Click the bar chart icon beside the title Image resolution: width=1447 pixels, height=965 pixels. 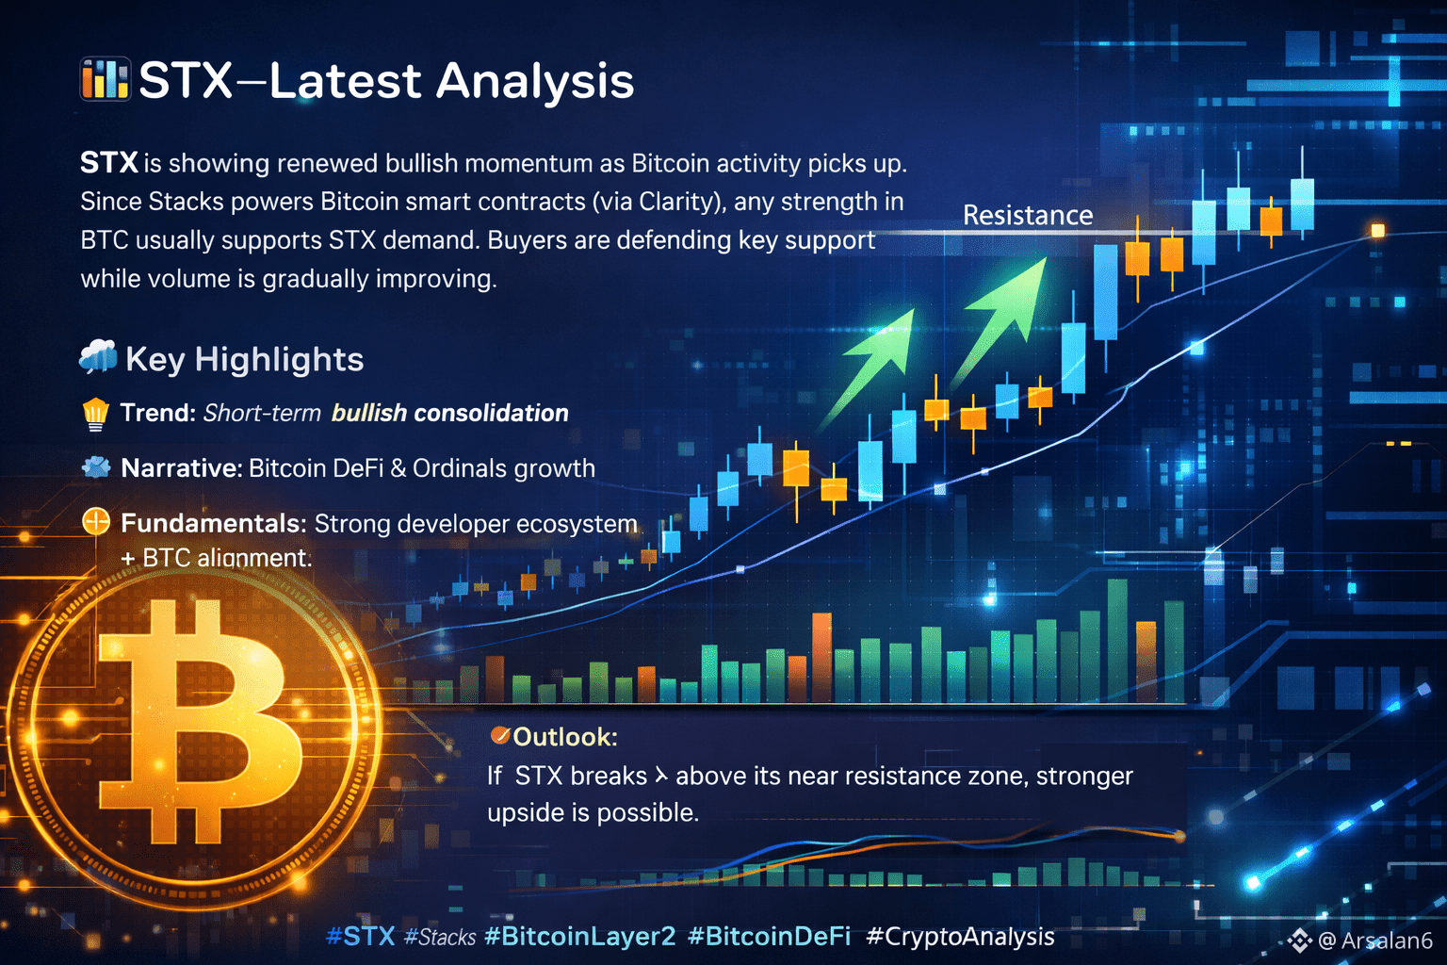(x=106, y=79)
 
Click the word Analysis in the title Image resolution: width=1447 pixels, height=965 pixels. (x=535, y=82)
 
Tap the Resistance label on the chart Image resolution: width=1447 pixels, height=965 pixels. (x=1028, y=215)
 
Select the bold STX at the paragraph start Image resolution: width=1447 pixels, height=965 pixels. (x=109, y=162)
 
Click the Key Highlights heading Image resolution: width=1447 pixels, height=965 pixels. (x=245, y=359)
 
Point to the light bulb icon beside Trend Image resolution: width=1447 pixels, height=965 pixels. (x=95, y=414)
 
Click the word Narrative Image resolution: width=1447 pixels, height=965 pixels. (x=181, y=468)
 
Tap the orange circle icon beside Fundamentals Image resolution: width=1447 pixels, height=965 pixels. (x=95, y=521)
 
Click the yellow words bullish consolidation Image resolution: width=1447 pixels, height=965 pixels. (x=450, y=413)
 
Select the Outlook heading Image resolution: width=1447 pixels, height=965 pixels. (x=564, y=737)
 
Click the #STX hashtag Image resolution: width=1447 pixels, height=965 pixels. (x=361, y=936)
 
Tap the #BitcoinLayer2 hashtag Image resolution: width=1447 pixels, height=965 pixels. (x=580, y=936)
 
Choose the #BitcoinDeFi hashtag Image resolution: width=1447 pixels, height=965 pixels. (x=770, y=936)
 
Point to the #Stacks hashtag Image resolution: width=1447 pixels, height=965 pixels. (x=440, y=937)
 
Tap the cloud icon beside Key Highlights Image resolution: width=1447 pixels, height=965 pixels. (x=98, y=356)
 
